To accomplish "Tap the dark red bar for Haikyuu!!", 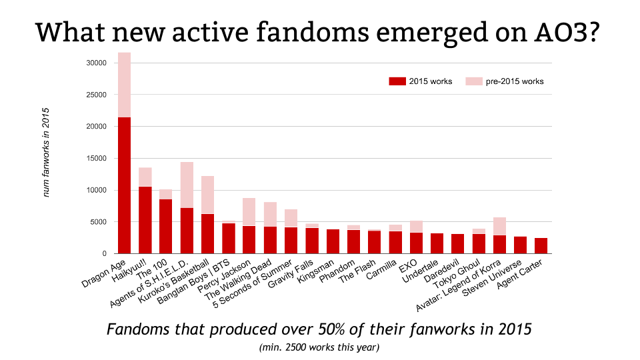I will [x=145, y=220].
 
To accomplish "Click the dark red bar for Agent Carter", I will [x=541, y=246].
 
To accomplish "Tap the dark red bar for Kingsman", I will [x=332, y=241].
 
